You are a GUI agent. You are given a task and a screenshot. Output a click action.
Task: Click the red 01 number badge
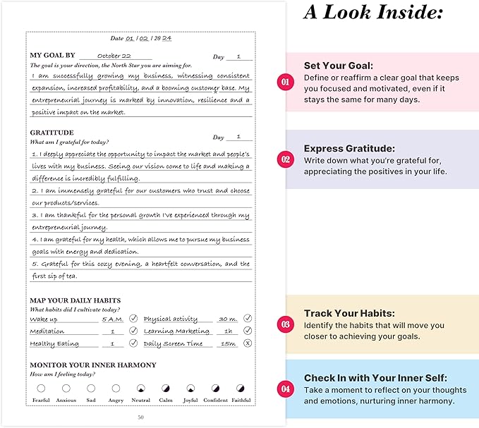pos(285,82)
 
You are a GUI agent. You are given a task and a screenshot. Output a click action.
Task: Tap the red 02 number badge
pos(285,159)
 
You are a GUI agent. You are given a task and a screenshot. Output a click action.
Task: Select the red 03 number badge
pos(285,324)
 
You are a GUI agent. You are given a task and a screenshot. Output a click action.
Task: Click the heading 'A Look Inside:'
pos(373,13)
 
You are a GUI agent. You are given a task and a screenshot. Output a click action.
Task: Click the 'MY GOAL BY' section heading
pos(52,55)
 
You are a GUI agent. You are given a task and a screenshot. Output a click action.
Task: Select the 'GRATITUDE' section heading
pos(51,133)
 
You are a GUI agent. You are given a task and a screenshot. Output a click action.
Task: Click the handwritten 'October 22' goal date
pos(114,56)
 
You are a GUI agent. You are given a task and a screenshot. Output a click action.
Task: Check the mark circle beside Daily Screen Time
pos(248,343)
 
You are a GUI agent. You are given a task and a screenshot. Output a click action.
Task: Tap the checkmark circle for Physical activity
pos(248,318)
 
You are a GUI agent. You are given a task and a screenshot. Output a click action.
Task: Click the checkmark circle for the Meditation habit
pos(133,331)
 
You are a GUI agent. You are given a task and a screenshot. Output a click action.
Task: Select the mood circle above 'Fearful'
pos(41,388)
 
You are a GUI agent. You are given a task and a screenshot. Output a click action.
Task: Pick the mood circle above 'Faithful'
pos(241,388)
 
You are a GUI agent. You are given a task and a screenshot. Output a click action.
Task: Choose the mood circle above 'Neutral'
pos(140,388)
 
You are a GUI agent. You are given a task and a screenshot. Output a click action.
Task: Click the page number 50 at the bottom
pos(140,417)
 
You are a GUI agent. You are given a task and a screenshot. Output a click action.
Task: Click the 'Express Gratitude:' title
pos(349,149)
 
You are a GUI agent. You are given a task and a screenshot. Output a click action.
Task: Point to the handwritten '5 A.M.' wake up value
pos(111,319)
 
